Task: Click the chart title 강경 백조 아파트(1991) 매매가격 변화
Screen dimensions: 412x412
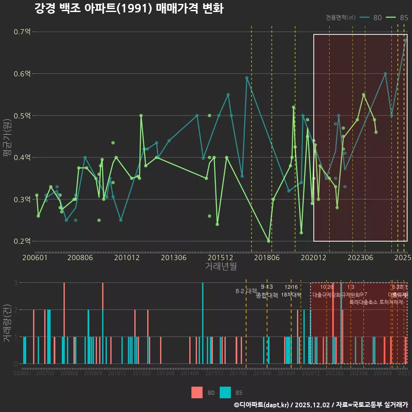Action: click(x=129, y=9)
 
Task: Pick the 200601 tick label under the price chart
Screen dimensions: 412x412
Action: click(x=35, y=257)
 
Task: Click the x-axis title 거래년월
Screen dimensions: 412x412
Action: click(x=221, y=266)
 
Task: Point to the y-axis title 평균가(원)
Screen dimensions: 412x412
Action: click(x=7, y=136)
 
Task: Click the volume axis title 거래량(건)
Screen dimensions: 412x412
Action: click(x=7, y=323)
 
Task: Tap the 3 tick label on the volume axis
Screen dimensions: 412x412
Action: click(x=16, y=283)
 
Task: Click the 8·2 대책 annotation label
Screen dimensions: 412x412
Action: click(x=246, y=291)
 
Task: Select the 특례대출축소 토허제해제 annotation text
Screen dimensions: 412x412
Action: click(x=376, y=302)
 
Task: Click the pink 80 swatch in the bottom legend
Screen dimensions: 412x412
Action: click(x=197, y=392)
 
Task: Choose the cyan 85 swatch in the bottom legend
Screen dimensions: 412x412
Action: click(x=225, y=392)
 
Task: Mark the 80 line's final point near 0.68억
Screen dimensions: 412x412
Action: click(x=406, y=40)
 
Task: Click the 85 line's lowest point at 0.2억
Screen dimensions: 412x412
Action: click(x=269, y=241)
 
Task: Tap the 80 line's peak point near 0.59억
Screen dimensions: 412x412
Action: click(x=247, y=78)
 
